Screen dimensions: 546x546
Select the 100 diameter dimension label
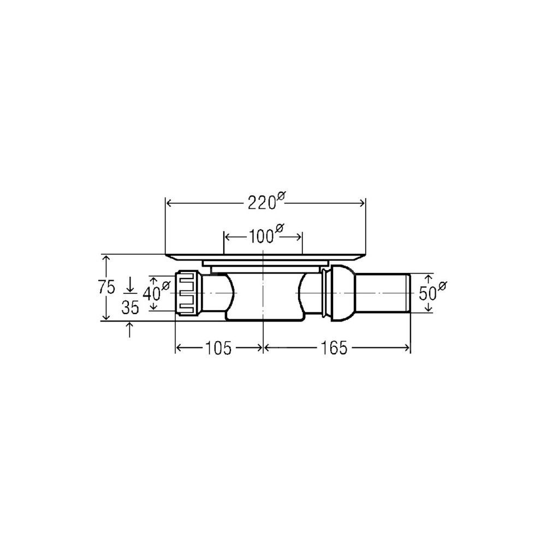point(266,235)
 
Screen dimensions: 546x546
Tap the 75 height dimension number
point(106,288)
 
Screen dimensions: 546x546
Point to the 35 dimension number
point(130,307)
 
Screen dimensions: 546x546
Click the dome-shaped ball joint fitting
point(342,293)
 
